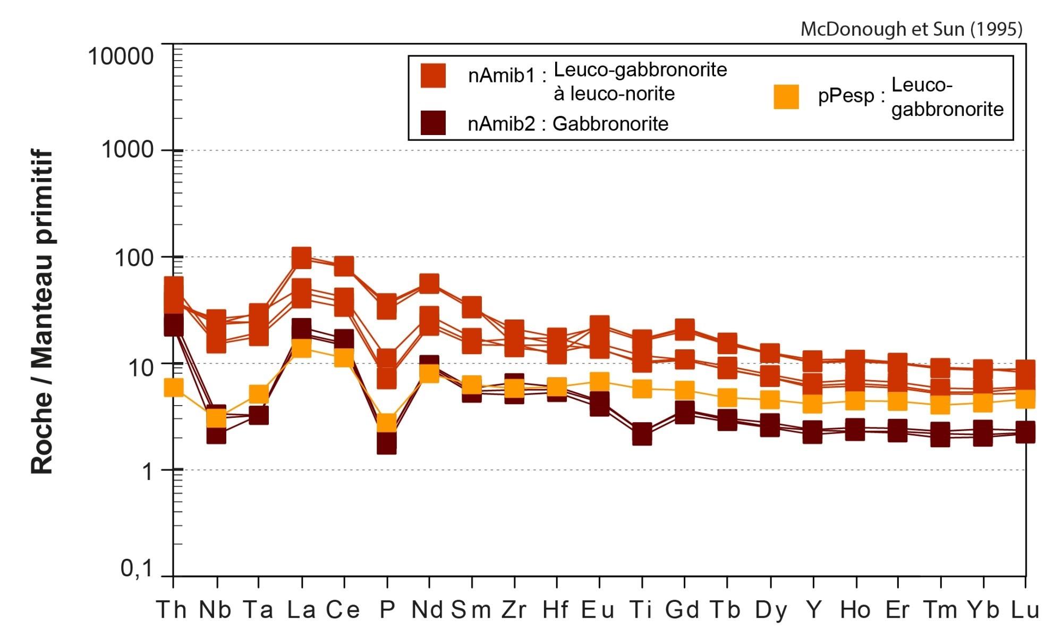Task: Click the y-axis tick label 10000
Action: [121, 56]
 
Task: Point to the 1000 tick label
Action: [127, 150]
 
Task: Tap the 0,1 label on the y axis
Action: [136, 569]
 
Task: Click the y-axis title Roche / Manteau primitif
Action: [43, 312]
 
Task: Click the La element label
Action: [301, 610]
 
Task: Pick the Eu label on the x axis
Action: [598, 610]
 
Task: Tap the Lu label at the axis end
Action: [1025, 610]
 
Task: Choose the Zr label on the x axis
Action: [514, 610]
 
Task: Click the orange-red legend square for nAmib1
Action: [433, 75]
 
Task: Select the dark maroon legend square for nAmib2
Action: [433, 123]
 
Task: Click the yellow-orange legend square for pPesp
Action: [786, 97]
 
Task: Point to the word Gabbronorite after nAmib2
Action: [610, 124]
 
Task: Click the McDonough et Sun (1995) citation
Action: [911, 29]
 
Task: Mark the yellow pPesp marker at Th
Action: [173, 388]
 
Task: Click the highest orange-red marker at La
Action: [301, 258]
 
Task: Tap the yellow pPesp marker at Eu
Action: [599, 381]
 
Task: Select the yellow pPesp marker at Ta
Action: [259, 394]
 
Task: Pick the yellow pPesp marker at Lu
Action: [1025, 398]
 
